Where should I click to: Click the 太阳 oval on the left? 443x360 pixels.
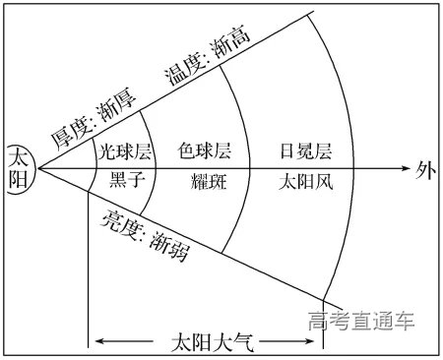20,168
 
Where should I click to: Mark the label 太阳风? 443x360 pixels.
306,181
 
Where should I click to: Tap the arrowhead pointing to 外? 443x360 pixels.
404,168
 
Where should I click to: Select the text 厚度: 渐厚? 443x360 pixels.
92,116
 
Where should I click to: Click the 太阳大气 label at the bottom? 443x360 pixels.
210,343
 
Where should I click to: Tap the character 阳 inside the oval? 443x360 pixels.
20,179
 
